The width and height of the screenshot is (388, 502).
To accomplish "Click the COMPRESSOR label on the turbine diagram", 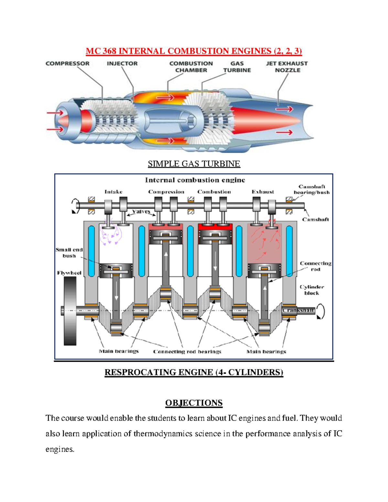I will pos(67,64).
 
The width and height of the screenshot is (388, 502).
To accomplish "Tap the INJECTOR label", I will pos(122,64).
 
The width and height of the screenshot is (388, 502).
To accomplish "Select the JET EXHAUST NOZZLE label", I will pos(287,67).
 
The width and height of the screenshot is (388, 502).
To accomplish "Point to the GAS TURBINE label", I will pos(237,67).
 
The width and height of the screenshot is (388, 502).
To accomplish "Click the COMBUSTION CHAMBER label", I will pos(191,67).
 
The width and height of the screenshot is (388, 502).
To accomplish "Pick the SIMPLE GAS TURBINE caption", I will pos(194,164).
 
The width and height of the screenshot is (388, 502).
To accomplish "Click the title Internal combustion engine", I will pos(195,180).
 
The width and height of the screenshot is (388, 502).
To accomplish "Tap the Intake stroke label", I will pos(113,192).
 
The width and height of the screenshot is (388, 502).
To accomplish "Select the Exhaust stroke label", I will pos(263,192).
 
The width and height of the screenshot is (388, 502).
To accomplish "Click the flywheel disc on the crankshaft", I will pos(70,311).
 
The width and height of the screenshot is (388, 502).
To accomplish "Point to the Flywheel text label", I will pos(69,273).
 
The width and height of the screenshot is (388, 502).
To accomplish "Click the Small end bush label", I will pos(69,252).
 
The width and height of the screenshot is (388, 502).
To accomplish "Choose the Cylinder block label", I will pos(312,290).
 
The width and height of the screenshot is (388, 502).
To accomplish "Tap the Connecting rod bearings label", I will pos(187,352).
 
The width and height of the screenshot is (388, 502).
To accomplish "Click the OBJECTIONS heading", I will pos(194,403).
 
